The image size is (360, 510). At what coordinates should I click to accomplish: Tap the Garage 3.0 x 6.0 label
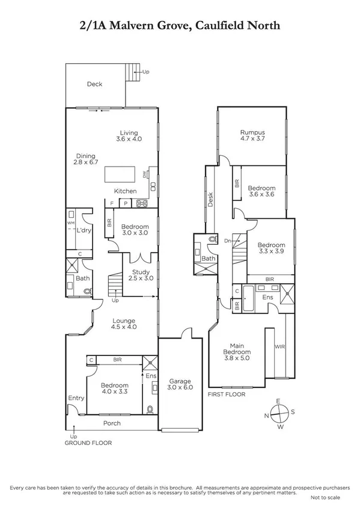[180, 385]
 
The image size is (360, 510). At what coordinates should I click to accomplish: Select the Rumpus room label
[252, 135]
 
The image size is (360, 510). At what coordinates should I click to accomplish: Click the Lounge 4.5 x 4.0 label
[123, 324]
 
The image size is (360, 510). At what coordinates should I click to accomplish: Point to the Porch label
[112, 423]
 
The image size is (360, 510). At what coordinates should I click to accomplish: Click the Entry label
[76, 398]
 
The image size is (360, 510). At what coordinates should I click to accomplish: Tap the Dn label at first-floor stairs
[227, 241]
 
